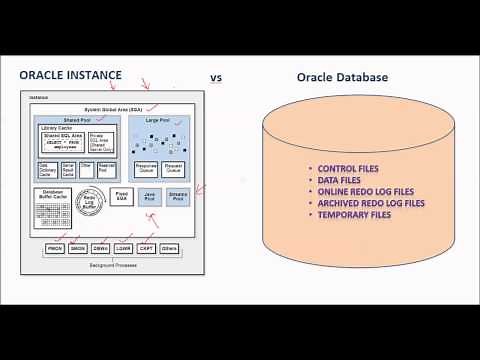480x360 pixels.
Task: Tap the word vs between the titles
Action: point(215,77)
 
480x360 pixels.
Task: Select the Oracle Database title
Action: point(343,77)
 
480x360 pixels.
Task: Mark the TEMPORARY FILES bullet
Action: point(354,215)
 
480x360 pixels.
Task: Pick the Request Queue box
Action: point(174,171)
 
